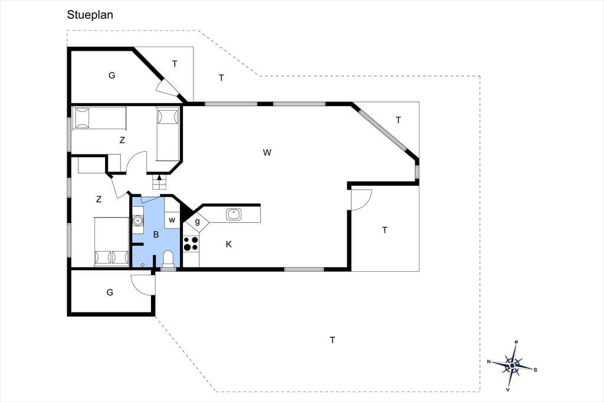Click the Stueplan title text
[x=90, y=15]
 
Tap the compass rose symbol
[x=512, y=365]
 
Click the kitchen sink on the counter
[x=234, y=214]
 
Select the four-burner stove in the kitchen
[x=191, y=243]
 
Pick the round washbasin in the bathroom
[x=137, y=220]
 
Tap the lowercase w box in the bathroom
[x=172, y=220]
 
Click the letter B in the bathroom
[x=156, y=235]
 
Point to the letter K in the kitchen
[x=229, y=244]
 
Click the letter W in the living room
[x=267, y=153]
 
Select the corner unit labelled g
[x=197, y=222]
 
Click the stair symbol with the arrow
[x=159, y=182]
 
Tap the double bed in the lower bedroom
[x=111, y=242]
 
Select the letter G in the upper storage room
[x=111, y=75]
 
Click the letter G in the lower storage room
[x=110, y=292]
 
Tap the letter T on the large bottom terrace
[x=333, y=340]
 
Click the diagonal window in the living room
[x=382, y=130]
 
